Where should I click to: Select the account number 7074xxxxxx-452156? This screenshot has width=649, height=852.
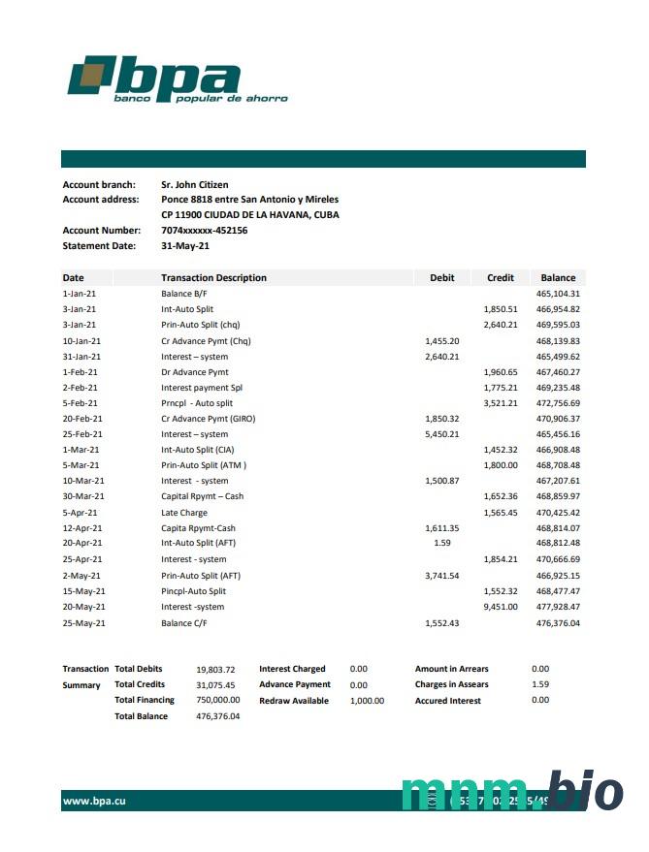(x=204, y=231)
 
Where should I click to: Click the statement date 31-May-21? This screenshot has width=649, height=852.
(x=185, y=246)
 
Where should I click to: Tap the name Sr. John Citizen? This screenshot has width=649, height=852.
(x=194, y=184)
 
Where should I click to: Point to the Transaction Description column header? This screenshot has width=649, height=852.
(x=213, y=278)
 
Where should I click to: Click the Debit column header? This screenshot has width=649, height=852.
(x=441, y=278)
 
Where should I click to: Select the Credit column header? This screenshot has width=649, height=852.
(x=500, y=278)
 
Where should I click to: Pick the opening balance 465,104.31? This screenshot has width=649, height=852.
(x=558, y=294)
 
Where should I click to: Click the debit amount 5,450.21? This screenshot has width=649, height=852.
(x=441, y=434)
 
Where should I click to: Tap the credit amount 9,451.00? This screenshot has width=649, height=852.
(x=500, y=607)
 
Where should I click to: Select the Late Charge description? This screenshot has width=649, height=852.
(x=184, y=513)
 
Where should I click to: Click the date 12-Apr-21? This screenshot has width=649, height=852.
(x=82, y=528)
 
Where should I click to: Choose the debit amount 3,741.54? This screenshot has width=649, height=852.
(x=441, y=576)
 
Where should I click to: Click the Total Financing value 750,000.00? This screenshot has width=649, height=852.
(x=217, y=700)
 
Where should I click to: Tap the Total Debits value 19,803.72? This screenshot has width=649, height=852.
(x=215, y=669)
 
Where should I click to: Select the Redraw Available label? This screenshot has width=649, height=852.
(x=294, y=700)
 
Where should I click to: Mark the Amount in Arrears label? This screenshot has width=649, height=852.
(x=451, y=669)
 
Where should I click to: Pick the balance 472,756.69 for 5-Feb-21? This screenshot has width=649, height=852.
(x=558, y=403)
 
